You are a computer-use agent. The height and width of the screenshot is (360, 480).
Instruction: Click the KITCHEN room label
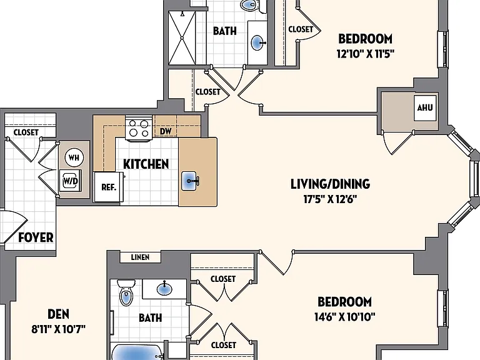pyautogui.click(x=146, y=164)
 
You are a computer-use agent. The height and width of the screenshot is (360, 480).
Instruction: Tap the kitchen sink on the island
pyautogui.click(x=190, y=181)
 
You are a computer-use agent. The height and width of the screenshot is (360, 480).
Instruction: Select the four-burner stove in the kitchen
pyautogui.click(x=139, y=128)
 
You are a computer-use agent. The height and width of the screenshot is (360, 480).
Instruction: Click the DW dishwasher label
pyautogui.click(x=166, y=131)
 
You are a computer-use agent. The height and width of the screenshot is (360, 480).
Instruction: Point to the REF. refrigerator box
pyautogui.click(x=109, y=187)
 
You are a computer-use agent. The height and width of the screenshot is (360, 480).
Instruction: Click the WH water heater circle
pyautogui.click(x=74, y=157)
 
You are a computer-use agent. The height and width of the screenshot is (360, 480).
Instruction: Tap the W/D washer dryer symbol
pyautogui.click(x=71, y=181)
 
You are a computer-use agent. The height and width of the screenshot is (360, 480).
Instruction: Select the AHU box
pyautogui.click(x=425, y=107)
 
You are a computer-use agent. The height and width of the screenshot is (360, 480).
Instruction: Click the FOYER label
pyautogui.click(x=36, y=237)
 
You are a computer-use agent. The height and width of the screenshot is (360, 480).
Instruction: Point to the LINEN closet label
pyautogui.click(x=140, y=257)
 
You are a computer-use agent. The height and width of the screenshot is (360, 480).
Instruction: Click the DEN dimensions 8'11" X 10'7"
pyautogui.click(x=59, y=329)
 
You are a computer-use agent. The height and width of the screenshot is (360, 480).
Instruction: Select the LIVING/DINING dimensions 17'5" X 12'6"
pyautogui.click(x=330, y=199)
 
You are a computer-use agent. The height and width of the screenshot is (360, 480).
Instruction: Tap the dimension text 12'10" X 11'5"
pyautogui.click(x=365, y=54)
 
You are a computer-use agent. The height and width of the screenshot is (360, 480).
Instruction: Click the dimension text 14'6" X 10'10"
pyautogui.click(x=345, y=316)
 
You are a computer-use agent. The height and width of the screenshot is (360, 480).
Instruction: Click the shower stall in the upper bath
pyautogui.click(x=182, y=38)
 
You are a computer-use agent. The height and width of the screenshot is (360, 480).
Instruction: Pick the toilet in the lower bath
pyautogui.click(x=126, y=292)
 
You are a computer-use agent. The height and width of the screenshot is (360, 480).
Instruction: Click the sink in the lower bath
pyautogui.click(x=164, y=288)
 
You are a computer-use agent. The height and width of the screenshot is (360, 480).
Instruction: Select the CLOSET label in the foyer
pyautogui.click(x=26, y=132)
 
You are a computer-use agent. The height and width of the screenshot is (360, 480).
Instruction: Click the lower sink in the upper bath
pyautogui.click(x=258, y=43)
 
